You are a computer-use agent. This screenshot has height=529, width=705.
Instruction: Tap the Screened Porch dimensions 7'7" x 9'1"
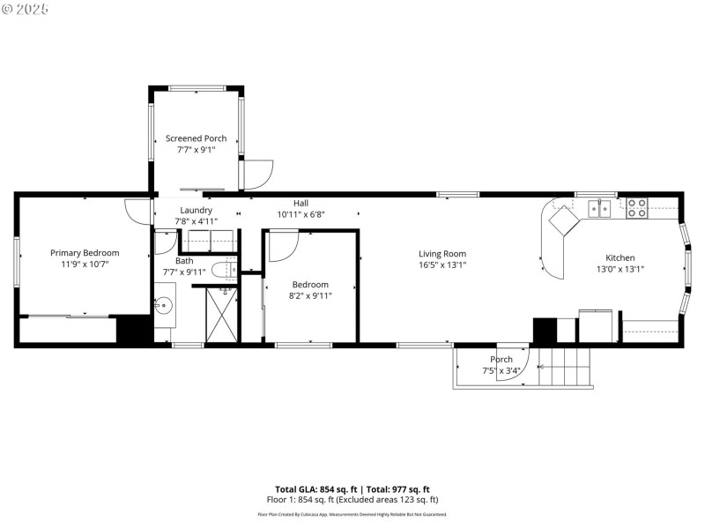pos(196,151)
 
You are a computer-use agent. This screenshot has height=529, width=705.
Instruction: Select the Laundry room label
pos(196,210)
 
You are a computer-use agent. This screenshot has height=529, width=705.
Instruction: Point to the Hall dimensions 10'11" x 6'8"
pos(301,214)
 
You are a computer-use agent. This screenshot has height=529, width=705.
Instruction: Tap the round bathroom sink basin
pos(164,307)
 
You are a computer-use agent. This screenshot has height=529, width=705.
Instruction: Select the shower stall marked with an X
pos(221,313)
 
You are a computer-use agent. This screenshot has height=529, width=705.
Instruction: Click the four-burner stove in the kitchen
pos(636,208)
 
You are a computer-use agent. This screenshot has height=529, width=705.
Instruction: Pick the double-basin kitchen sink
pos(600,208)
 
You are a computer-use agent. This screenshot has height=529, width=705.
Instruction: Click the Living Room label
pos(442,254)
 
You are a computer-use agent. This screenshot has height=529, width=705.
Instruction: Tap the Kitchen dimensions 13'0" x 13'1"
pos(620,270)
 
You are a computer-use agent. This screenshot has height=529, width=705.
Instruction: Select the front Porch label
pos(501,359)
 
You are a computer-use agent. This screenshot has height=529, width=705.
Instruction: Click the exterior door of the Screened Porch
pos(257,174)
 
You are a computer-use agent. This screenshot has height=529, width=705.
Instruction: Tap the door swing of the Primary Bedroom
pos(138,212)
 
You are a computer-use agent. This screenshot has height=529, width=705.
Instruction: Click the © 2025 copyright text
pos(26,9)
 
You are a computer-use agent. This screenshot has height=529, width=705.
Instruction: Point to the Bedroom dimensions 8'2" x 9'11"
pos(310,295)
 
